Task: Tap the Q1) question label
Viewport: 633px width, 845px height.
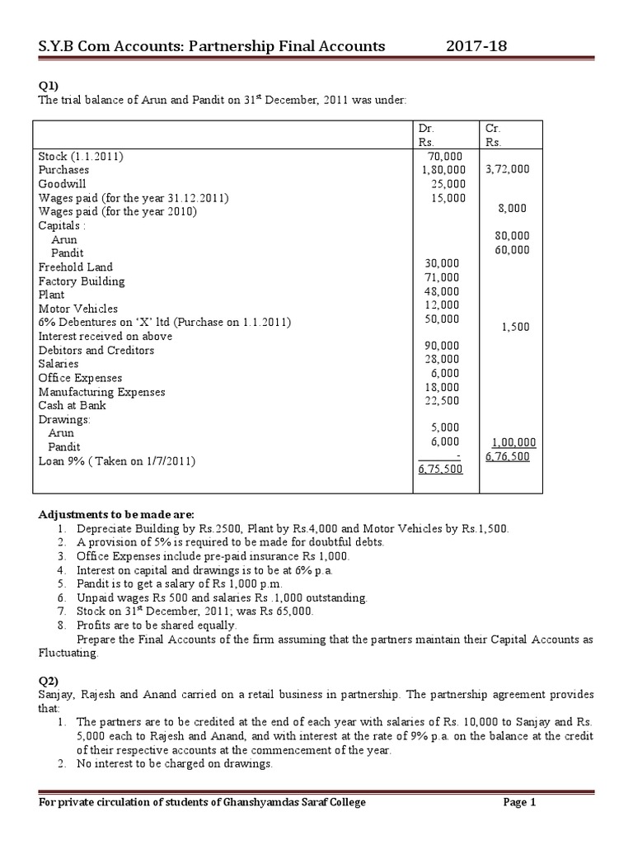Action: [49, 85]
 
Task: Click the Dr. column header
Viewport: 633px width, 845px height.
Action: [427, 129]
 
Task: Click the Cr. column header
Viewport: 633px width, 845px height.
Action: [494, 129]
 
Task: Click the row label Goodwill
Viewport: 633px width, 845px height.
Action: [62, 184]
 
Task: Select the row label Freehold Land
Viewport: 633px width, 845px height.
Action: [75, 267]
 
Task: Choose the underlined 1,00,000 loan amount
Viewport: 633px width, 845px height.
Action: [511, 442]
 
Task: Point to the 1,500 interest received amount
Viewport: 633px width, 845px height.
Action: [516, 327]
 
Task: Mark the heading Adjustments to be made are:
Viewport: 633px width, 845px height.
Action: [116, 514]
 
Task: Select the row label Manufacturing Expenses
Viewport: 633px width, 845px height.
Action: [101, 392]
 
